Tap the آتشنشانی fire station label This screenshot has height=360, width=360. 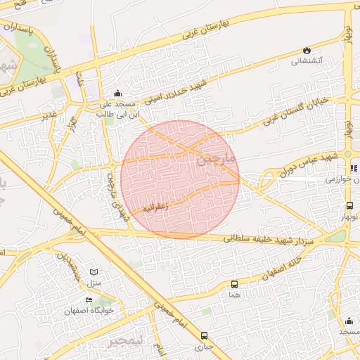pyautogui.click(x=307, y=61)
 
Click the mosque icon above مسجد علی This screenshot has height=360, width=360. pyautogui.click(x=117, y=94)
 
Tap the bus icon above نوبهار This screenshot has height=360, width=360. pyautogui.click(x=349, y=206)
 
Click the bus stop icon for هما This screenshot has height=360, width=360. pyautogui.click(x=234, y=285)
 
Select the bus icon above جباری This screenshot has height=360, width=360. pyautogui.click(x=204, y=335)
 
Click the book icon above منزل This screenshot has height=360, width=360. pyautogui.click(x=95, y=271)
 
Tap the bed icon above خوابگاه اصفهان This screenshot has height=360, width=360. pyautogui.click(x=89, y=300)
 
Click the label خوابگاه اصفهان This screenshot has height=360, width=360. pyautogui.click(x=89, y=311)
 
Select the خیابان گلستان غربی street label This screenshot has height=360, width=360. pyautogui.click(x=295, y=112)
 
